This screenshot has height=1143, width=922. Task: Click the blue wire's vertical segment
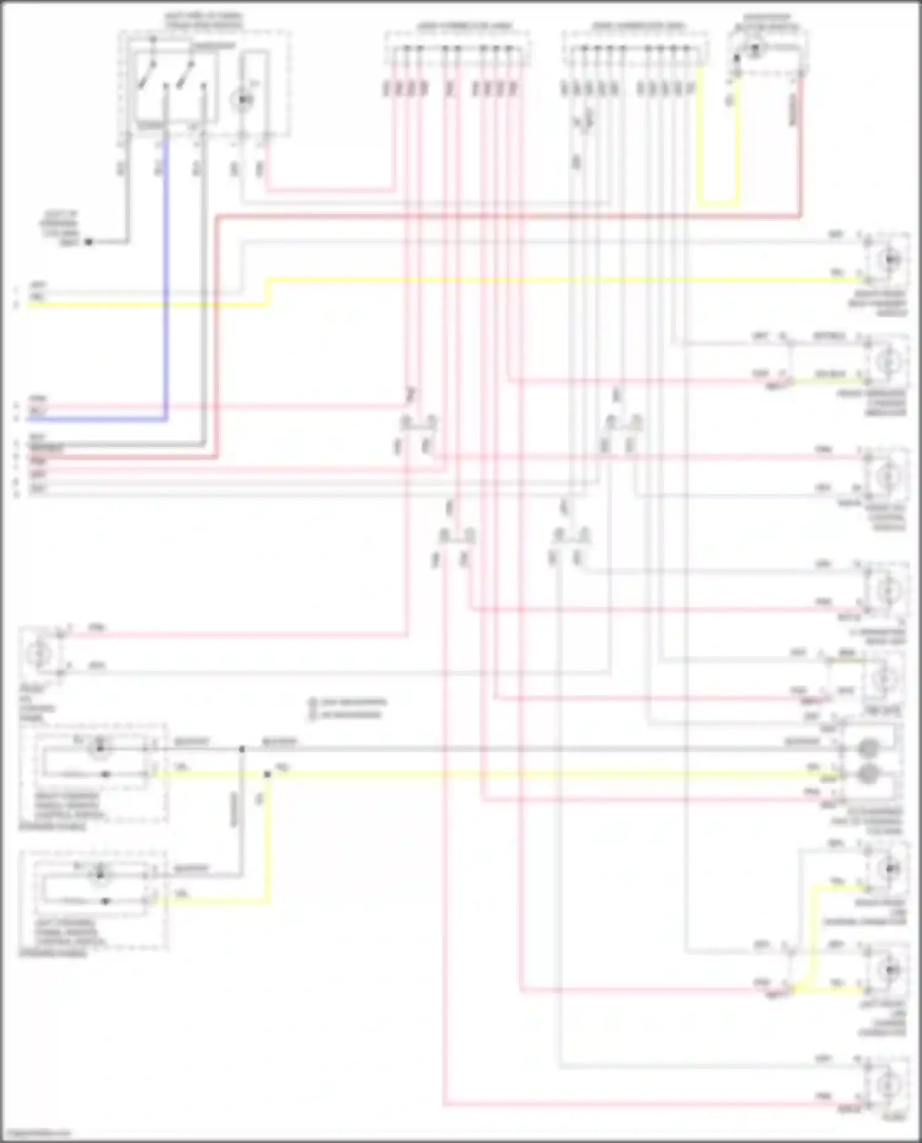165,276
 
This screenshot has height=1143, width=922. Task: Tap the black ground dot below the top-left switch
89,242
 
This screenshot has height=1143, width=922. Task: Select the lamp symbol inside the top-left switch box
243,98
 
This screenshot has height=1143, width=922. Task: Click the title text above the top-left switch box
203,20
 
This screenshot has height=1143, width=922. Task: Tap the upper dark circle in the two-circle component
868,747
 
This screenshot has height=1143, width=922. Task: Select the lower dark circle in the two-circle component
868,773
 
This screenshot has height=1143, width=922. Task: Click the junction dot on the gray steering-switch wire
242,749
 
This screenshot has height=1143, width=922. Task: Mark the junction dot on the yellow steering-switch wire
267,774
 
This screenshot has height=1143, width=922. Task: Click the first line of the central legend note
348,701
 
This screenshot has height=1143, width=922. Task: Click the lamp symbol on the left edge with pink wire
39,653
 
